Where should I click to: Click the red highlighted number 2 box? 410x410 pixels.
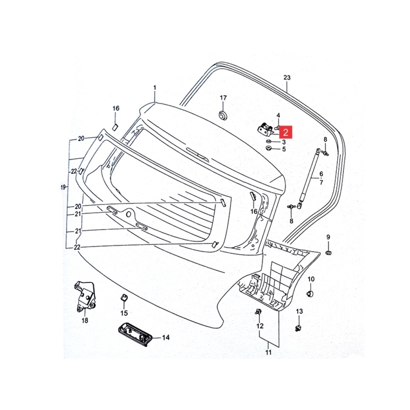285,132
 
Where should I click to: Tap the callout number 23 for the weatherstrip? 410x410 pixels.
287,77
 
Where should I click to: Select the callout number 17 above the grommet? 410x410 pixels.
223,98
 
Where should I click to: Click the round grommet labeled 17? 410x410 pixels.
223,115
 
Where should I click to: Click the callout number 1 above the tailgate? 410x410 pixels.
155,87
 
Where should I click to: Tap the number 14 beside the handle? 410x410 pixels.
166,338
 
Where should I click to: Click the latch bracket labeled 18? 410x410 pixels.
85,297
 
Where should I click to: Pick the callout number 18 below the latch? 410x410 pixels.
85,320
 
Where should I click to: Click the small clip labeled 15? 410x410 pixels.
124,297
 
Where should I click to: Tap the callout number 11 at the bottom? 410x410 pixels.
269,352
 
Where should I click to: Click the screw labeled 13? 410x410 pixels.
298,328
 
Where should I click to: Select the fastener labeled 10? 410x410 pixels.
310,293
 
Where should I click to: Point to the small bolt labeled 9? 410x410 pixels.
329,252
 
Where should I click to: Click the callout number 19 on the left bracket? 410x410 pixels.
63,187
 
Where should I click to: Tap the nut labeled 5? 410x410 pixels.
268,149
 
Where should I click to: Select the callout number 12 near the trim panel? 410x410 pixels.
260,326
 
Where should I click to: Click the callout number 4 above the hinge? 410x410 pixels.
278,115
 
